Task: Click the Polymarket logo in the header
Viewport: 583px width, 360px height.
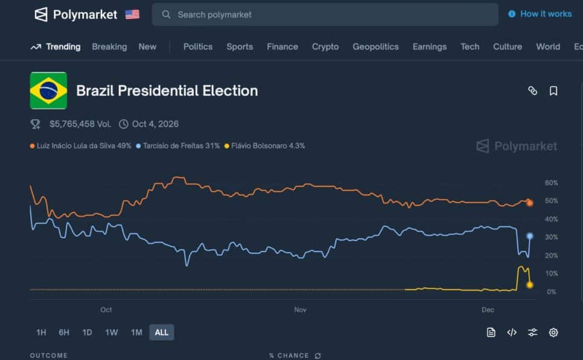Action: coord(75,14)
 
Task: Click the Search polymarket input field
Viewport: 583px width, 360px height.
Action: coord(326,14)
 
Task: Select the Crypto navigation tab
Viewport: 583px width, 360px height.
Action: coord(325,46)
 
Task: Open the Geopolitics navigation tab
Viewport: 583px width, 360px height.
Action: coord(375,46)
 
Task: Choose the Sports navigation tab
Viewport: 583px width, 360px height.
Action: coord(240,46)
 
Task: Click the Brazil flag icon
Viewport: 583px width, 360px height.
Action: coord(48,90)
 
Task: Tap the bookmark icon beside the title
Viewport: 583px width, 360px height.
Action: coord(553,91)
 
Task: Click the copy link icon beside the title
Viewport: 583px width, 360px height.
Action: coord(532,91)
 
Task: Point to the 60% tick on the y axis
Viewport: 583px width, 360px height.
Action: coord(551,183)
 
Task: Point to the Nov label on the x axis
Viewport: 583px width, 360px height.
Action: coord(300,310)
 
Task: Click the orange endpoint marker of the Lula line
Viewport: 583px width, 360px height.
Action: coord(530,203)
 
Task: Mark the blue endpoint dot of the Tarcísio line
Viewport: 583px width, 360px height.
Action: coord(530,236)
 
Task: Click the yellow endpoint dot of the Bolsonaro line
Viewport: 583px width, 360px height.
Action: coord(530,285)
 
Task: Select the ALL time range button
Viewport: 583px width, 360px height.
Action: coord(162,332)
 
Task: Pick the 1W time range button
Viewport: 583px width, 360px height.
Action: coord(112,332)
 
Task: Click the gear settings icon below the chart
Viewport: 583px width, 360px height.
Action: coord(553,332)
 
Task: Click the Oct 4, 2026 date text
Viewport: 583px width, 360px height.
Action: coord(155,124)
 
